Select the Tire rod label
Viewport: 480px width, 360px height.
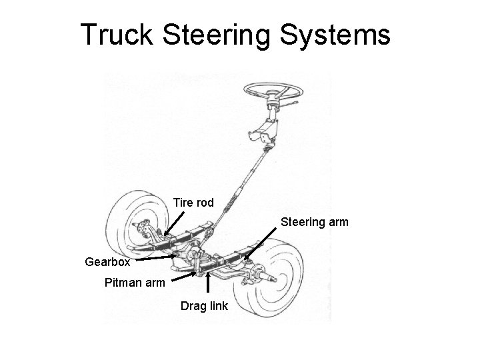point(193,202)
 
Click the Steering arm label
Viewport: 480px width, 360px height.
point(314,221)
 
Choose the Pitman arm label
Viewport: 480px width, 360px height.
point(135,282)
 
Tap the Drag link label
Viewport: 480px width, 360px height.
point(204,307)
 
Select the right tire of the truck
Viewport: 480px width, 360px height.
point(291,283)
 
